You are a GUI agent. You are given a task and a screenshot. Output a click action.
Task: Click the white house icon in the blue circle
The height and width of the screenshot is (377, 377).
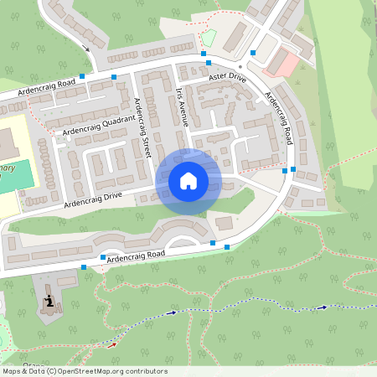188,181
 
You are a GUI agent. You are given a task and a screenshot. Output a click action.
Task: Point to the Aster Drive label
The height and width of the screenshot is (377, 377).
226,77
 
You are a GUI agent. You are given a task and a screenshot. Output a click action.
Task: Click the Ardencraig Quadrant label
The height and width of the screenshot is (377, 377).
94,126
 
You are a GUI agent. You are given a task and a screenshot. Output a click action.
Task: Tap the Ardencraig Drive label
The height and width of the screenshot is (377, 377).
92,199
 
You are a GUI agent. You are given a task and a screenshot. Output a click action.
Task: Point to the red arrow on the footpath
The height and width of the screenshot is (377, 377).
111,343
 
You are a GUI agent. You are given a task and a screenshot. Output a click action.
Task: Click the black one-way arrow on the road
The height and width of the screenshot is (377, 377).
87,49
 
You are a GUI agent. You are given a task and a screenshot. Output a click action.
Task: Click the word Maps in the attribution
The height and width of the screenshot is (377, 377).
12,371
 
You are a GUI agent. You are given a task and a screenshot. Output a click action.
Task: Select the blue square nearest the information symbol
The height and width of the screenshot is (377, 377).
84,267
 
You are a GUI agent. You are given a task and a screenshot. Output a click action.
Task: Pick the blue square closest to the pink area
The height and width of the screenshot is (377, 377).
252,53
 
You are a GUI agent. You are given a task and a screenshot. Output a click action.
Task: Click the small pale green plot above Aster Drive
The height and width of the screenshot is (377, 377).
209,38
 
